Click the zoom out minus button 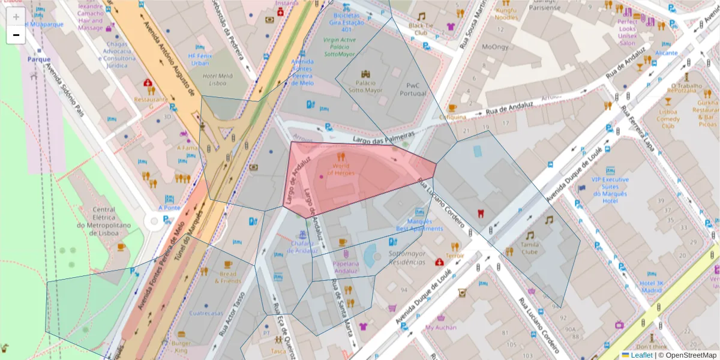[x=16, y=35]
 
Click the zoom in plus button [x=16, y=17]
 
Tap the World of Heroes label [x=340, y=169]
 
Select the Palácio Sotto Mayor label [x=365, y=86]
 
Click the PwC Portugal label [x=412, y=89]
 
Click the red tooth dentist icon [x=479, y=213]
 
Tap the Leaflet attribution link [x=641, y=355]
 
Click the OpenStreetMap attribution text [x=687, y=355]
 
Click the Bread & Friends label [x=227, y=277]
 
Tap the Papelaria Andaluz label [x=346, y=267]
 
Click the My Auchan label [x=441, y=328]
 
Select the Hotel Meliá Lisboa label [x=218, y=79]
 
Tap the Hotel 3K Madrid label [x=651, y=287]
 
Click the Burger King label [x=181, y=347]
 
